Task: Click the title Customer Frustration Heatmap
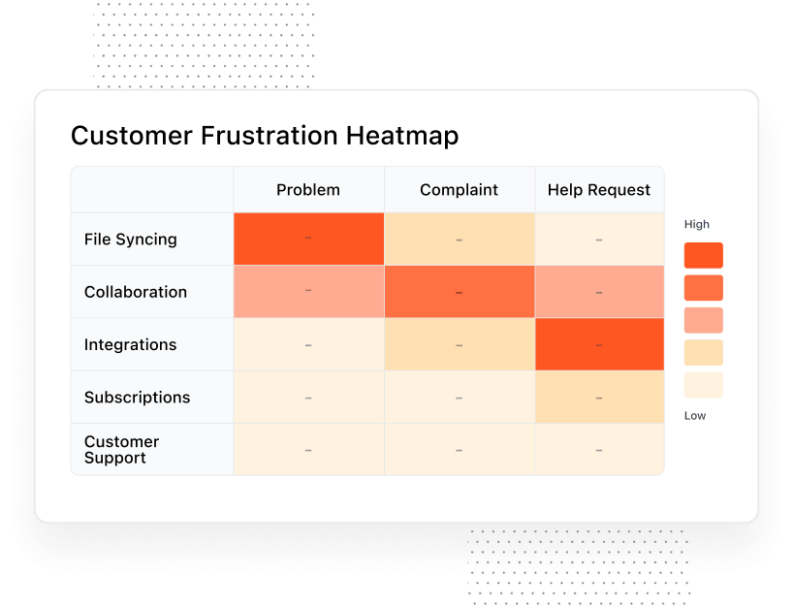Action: [265, 135]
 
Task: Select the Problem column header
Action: [308, 190]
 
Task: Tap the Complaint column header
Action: [459, 190]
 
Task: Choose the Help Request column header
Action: [598, 190]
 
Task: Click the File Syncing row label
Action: [130, 240]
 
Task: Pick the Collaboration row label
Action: [136, 292]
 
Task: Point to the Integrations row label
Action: [130, 344]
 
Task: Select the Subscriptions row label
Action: [137, 398]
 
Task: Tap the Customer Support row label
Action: [121, 450]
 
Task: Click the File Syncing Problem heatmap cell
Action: [308, 239]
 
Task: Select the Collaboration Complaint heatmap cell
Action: [459, 292]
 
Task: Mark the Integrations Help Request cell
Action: [599, 344]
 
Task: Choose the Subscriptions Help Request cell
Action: [599, 398]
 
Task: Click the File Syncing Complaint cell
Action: [459, 240]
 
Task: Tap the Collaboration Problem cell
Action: [308, 292]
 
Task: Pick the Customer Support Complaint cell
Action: [459, 450]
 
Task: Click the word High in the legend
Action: [696, 224]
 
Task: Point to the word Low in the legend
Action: [694, 416]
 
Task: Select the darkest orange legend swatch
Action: [703, 255]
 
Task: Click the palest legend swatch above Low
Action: [703, 385]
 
